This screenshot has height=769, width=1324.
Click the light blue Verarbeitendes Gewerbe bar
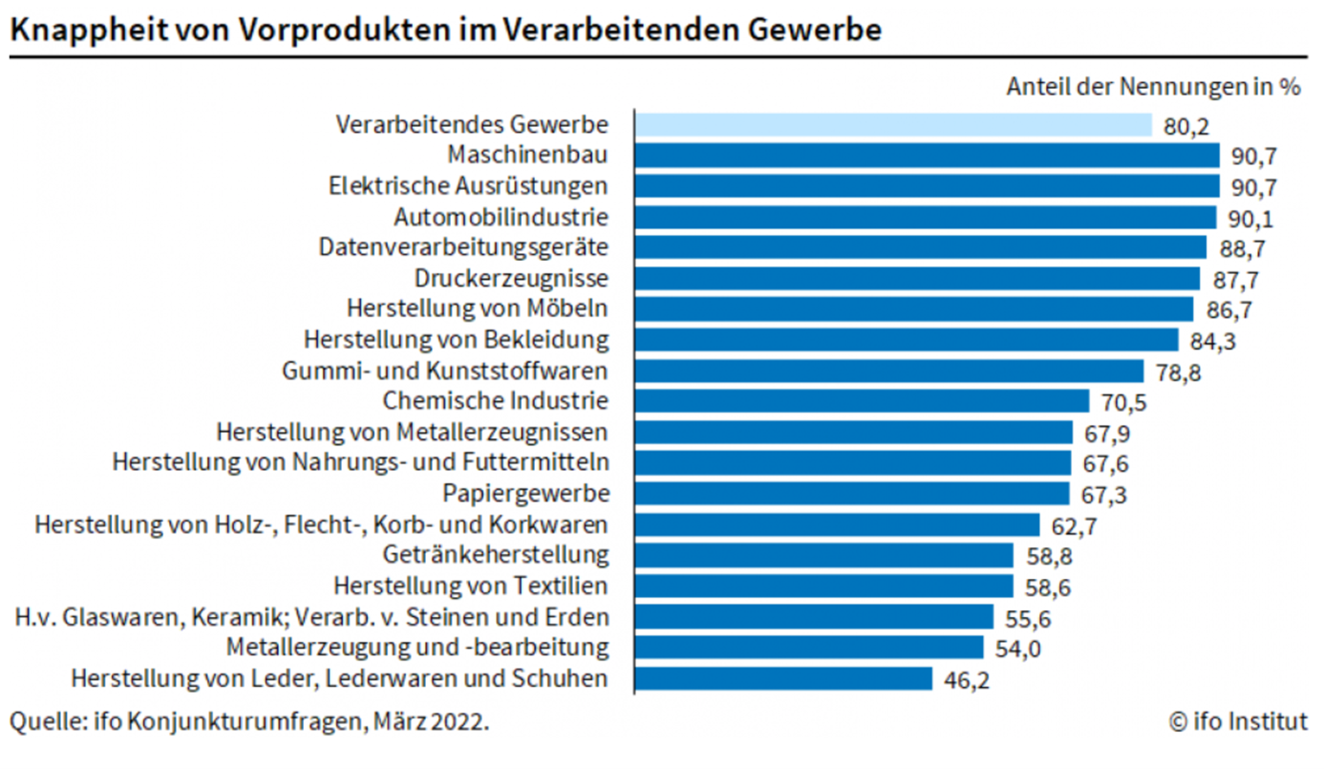tap(893, 124)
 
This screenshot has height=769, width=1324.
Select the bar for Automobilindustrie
tap(925, 217)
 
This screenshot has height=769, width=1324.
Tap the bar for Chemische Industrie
tap(862, 401)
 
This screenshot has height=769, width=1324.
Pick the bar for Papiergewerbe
tap(851, 493)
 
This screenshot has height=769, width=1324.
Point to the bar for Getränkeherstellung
tap(823, 555)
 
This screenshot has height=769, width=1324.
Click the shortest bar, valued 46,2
tap(783, 678)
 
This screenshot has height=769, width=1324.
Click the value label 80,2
tap(1187, 126)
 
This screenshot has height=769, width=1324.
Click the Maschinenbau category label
tap(527, 155)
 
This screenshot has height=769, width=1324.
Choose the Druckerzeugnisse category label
tap(511, 278)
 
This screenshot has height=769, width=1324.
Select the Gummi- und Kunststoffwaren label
tap(445, 371)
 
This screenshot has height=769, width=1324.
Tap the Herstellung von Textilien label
tap(470, 586)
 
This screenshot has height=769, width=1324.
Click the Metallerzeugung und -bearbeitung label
tap(417, 648)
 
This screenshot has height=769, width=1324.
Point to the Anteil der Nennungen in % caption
tap(1153, 87)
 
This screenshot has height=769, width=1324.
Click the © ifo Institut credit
tap(1238, 721)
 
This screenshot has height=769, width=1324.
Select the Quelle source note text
tap(249, 721)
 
